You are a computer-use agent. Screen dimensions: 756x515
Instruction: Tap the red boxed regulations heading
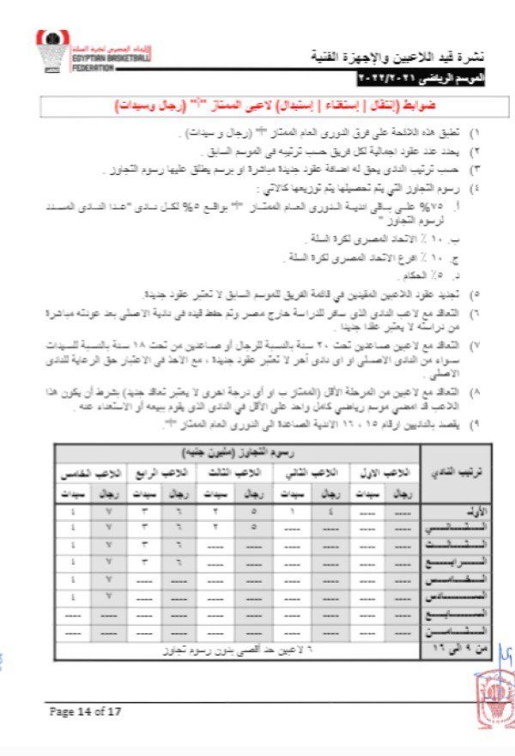pos(268,107)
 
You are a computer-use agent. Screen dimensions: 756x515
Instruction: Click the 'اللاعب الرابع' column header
pos(162,473)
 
